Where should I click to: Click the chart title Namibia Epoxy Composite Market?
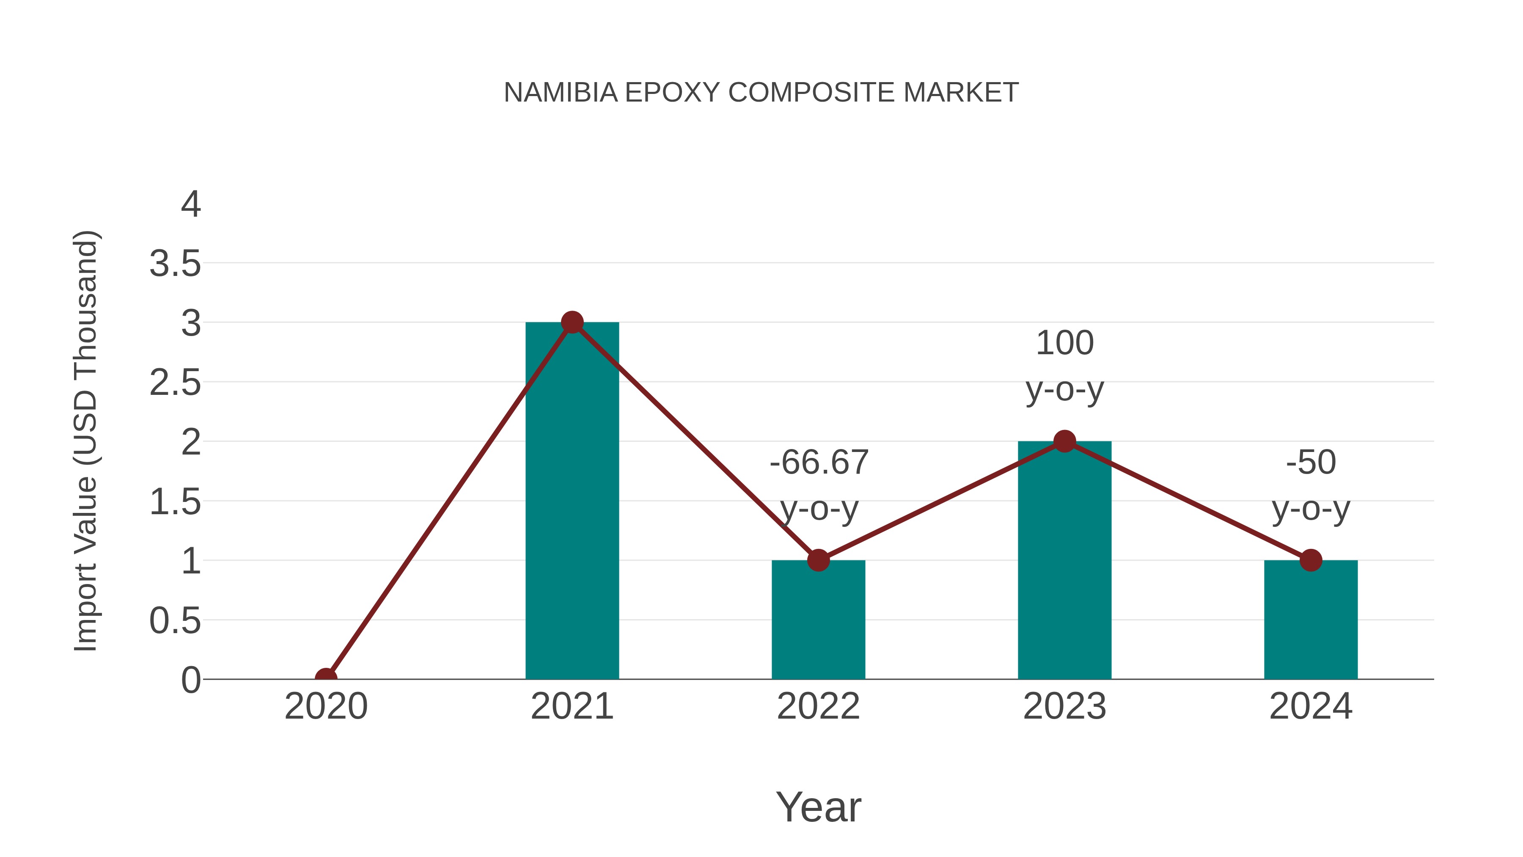(x=761, y=93)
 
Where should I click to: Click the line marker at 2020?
(x=326, y=678)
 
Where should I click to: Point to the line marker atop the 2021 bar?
(x=572, y=322)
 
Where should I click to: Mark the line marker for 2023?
(x=1064, y=441)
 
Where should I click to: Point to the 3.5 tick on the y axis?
(x=175, y=264)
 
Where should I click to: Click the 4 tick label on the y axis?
(x=191, y=205)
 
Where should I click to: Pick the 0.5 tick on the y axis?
(x=175, y=621)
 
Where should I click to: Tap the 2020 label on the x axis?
(x=326, y=706)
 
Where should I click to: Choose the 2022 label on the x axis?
(x=818, y=706)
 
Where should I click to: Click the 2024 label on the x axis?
(x=1311, y=706)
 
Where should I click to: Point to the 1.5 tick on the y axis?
(x=175, y=502)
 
